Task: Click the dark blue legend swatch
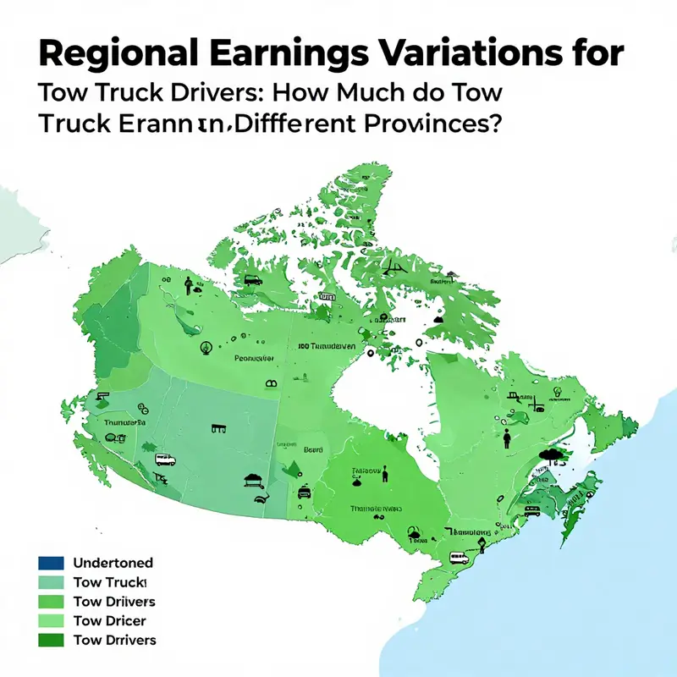click(51, 563)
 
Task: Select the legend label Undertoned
click(113, 563)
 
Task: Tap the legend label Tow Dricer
click(111, 620)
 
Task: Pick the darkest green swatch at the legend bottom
click(51, 640)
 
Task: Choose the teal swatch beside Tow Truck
click(51, 582)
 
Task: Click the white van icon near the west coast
click(165, 460)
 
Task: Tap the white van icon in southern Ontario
click(460, 559)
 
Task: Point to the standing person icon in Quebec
click(506, 437)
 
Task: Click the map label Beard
click(314, 450)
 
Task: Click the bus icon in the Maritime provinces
click(531, 511)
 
